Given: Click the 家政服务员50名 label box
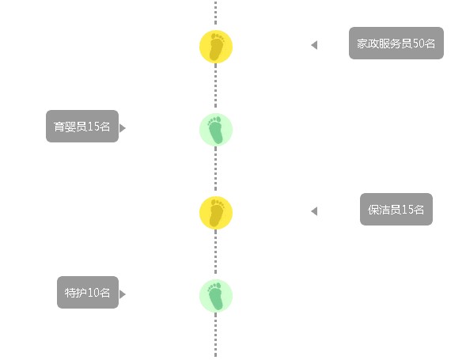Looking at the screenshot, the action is [x=396, y=43].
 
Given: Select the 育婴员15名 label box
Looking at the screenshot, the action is [x=82, y=127].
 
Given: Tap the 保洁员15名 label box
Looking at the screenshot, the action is [x=396, y=210].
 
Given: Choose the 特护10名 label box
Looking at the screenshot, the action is [x=88, y=293].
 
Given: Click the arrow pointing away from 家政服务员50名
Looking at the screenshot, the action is [x=314, y=45].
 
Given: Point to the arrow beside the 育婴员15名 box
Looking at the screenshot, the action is [x=123, y=128].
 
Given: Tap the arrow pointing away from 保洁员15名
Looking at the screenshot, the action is [x=314, y=211].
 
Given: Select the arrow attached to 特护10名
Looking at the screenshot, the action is [x=123, y=294].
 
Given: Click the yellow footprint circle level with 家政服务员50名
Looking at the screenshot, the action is [x=216, y=47].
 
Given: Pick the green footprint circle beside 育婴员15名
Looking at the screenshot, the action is [x=216, y=130].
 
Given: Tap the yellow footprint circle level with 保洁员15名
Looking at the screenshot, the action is [x=216, y=213].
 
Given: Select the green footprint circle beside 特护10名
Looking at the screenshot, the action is [x=216, y=296].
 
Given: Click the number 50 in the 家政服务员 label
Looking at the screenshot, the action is [x=419, y=44].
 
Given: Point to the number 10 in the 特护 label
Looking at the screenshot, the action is [x=93, y=293].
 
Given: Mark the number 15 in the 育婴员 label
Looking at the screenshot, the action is [x=93, y=127].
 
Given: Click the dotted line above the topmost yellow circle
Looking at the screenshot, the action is [x=216, y=13].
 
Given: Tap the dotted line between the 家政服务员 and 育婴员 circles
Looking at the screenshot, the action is [x=216, y=85].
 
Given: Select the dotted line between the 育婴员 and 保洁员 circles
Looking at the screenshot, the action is [x=216, y=169].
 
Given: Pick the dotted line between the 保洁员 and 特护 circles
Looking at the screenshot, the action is [x=216, y=252].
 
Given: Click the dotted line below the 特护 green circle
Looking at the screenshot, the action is [x=216, y=335].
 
